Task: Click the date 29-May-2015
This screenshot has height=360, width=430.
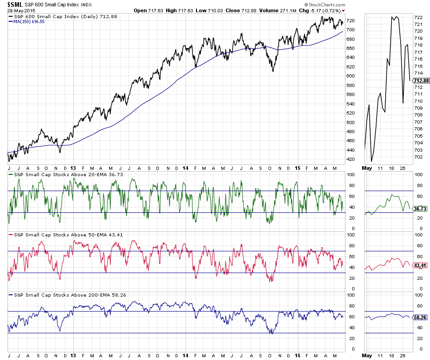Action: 14,11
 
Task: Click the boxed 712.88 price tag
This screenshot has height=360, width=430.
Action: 421,81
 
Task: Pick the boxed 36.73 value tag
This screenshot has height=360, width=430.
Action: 421,208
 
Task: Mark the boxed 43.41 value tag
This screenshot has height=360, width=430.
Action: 421,265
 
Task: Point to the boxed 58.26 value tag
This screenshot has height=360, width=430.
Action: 421,317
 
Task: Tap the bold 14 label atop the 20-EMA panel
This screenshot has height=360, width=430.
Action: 185,168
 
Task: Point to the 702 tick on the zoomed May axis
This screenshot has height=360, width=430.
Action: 419,157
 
